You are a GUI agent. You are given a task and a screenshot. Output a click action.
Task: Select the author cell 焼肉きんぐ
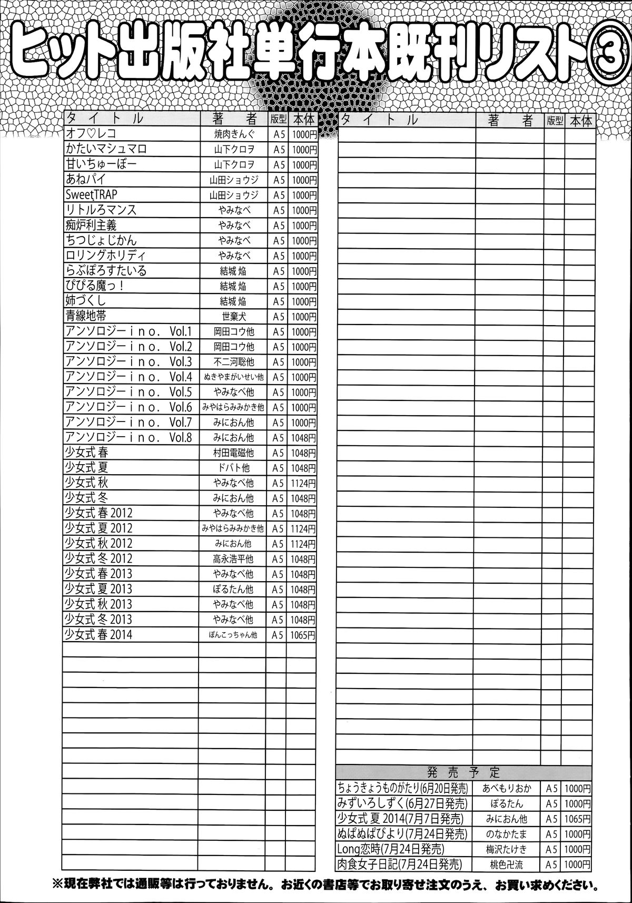point(232,134)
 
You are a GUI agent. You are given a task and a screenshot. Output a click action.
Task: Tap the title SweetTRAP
point(92,194)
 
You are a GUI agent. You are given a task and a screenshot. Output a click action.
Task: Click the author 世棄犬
point(232,317)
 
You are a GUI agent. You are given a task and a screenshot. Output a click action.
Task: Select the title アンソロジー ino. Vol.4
point(129,377)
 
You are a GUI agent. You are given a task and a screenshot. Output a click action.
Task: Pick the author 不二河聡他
point(232,362)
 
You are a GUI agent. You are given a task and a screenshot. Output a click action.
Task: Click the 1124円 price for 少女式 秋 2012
point(302,544)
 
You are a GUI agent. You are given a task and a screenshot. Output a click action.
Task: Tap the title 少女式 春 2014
point(98,634)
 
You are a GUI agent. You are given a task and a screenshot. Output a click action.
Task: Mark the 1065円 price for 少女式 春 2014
point(302,635)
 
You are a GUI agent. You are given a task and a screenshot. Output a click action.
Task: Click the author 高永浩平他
point(232,559)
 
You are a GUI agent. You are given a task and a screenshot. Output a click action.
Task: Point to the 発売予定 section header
point(464,773)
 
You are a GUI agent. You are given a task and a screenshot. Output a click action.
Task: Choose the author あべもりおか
point(506,789)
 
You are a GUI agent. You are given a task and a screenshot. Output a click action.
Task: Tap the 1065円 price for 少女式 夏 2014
point(577,819)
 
